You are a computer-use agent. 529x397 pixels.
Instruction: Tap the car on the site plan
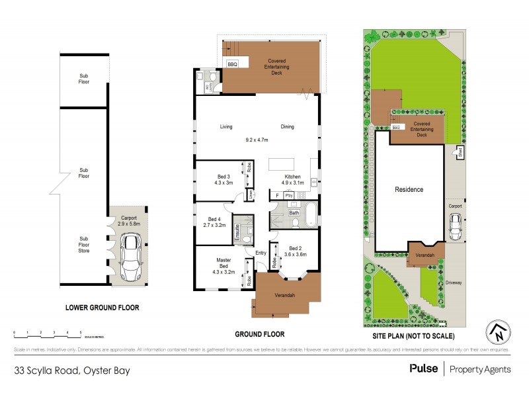(455, 228)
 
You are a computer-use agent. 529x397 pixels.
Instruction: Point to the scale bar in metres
(47, 333)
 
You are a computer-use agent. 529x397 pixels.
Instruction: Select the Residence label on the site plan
(409, 190)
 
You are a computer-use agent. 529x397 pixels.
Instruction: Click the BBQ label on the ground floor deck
(232, 64)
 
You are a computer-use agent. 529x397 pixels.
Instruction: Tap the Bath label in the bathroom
(294, 213)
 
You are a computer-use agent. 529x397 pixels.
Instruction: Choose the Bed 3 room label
(224, 180)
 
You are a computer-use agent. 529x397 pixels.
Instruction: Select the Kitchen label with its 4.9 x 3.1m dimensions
(292, 180)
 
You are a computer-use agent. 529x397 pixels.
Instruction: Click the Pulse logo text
(423, 369)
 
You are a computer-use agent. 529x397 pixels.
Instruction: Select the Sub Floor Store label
(84, 245)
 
